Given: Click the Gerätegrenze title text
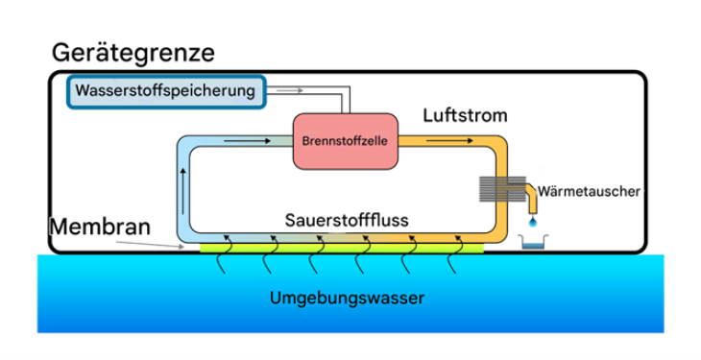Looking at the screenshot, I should [133, 52].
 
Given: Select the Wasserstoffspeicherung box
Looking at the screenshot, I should [165, 92].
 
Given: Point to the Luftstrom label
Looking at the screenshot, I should [465, 115].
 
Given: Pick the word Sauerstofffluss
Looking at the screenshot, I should [347, 220].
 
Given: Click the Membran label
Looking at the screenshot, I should [100, 228].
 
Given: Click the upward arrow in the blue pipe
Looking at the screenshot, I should [181, 181].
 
